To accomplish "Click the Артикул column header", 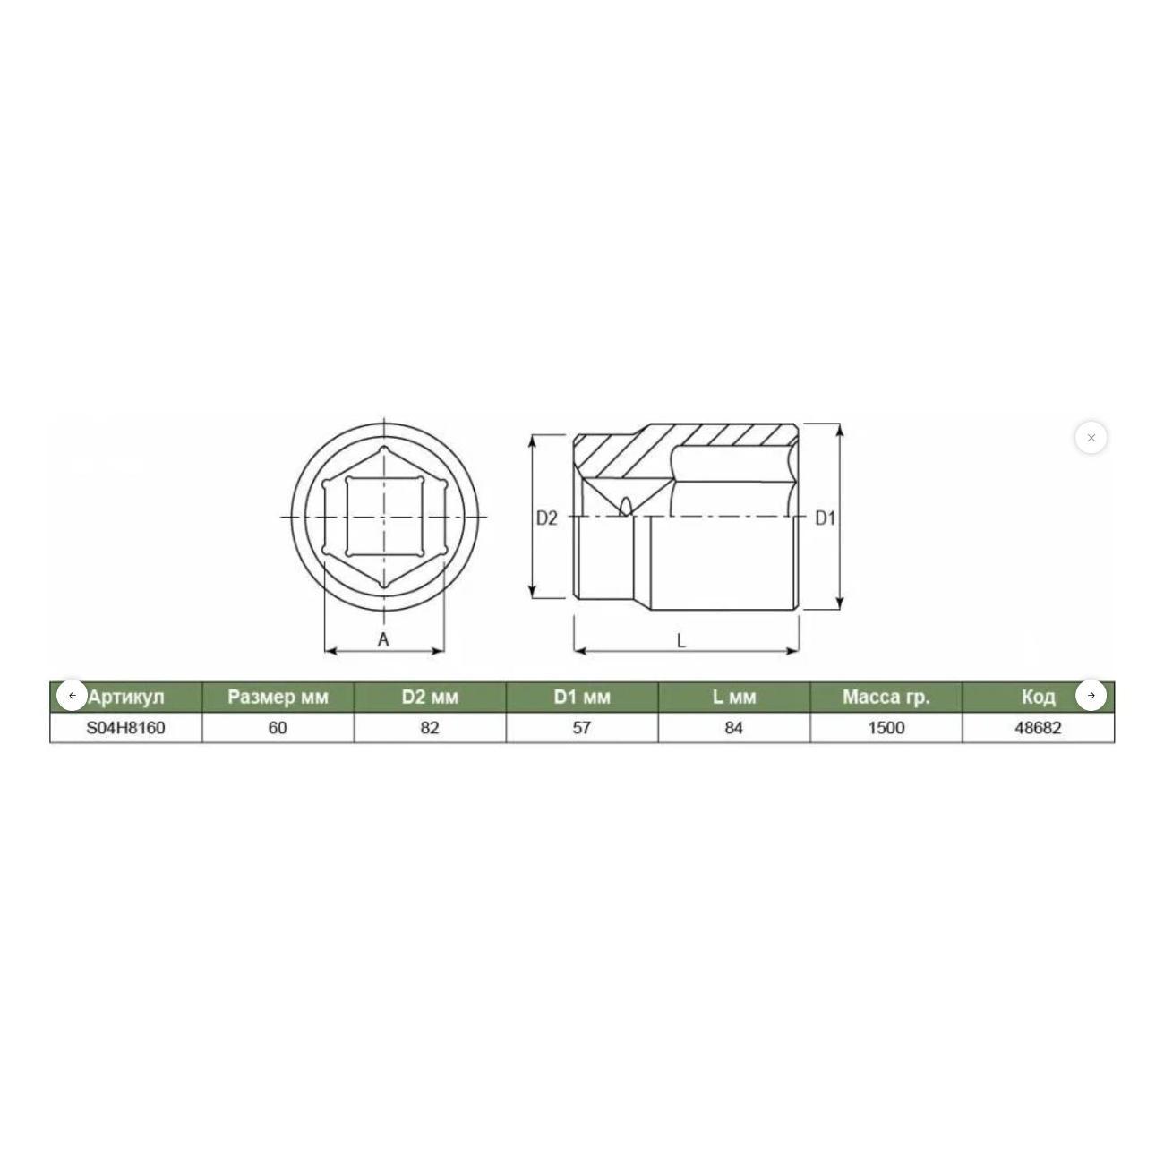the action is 126,698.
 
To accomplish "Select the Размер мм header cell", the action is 278,698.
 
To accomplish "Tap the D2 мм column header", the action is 430,698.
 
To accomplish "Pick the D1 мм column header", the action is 582,698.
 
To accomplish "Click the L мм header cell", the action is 734,698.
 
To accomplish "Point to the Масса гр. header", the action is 886,698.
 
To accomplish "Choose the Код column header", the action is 1039,698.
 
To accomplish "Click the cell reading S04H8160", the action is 125,728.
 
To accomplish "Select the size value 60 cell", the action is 278,728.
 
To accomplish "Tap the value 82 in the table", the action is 430,728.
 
